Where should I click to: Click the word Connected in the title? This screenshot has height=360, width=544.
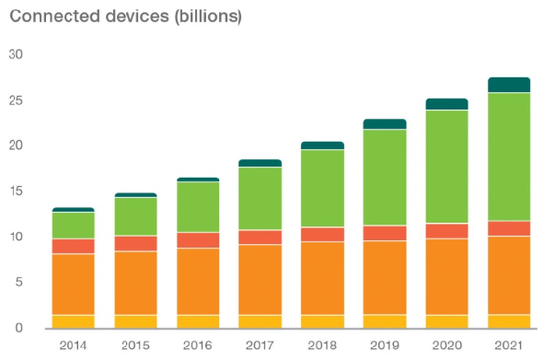point(55,16)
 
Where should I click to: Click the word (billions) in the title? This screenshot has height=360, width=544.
point(209,17)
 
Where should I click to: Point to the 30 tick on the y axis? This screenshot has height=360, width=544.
point(16,54)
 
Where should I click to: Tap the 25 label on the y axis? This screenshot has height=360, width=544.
point(16,100)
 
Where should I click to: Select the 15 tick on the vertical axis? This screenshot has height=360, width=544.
point(16,191)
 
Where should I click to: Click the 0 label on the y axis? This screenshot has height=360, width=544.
point(19,328)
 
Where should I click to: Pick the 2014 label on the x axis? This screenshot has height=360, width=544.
point(73,345)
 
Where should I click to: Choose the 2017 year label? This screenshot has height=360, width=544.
point(260,345)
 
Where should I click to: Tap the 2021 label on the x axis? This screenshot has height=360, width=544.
point(509,345)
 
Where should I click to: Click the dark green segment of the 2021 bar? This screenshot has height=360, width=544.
point(509,85)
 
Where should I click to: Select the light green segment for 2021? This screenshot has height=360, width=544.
point(509,157)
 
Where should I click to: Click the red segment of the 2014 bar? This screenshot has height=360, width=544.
point(74,246)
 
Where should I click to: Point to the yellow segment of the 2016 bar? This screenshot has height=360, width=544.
point(198,322)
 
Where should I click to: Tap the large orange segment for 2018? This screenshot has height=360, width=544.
point(322,278)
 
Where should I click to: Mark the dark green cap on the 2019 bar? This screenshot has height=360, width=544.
point(385,124)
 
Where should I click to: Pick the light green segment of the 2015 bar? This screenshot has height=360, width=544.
point(135,216)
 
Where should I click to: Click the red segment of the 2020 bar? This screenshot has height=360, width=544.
point(446,231)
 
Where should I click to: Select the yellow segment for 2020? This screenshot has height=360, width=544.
point(446,322)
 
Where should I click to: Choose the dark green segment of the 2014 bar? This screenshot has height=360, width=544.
point(74,210)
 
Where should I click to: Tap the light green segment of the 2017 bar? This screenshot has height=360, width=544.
point(260,198)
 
